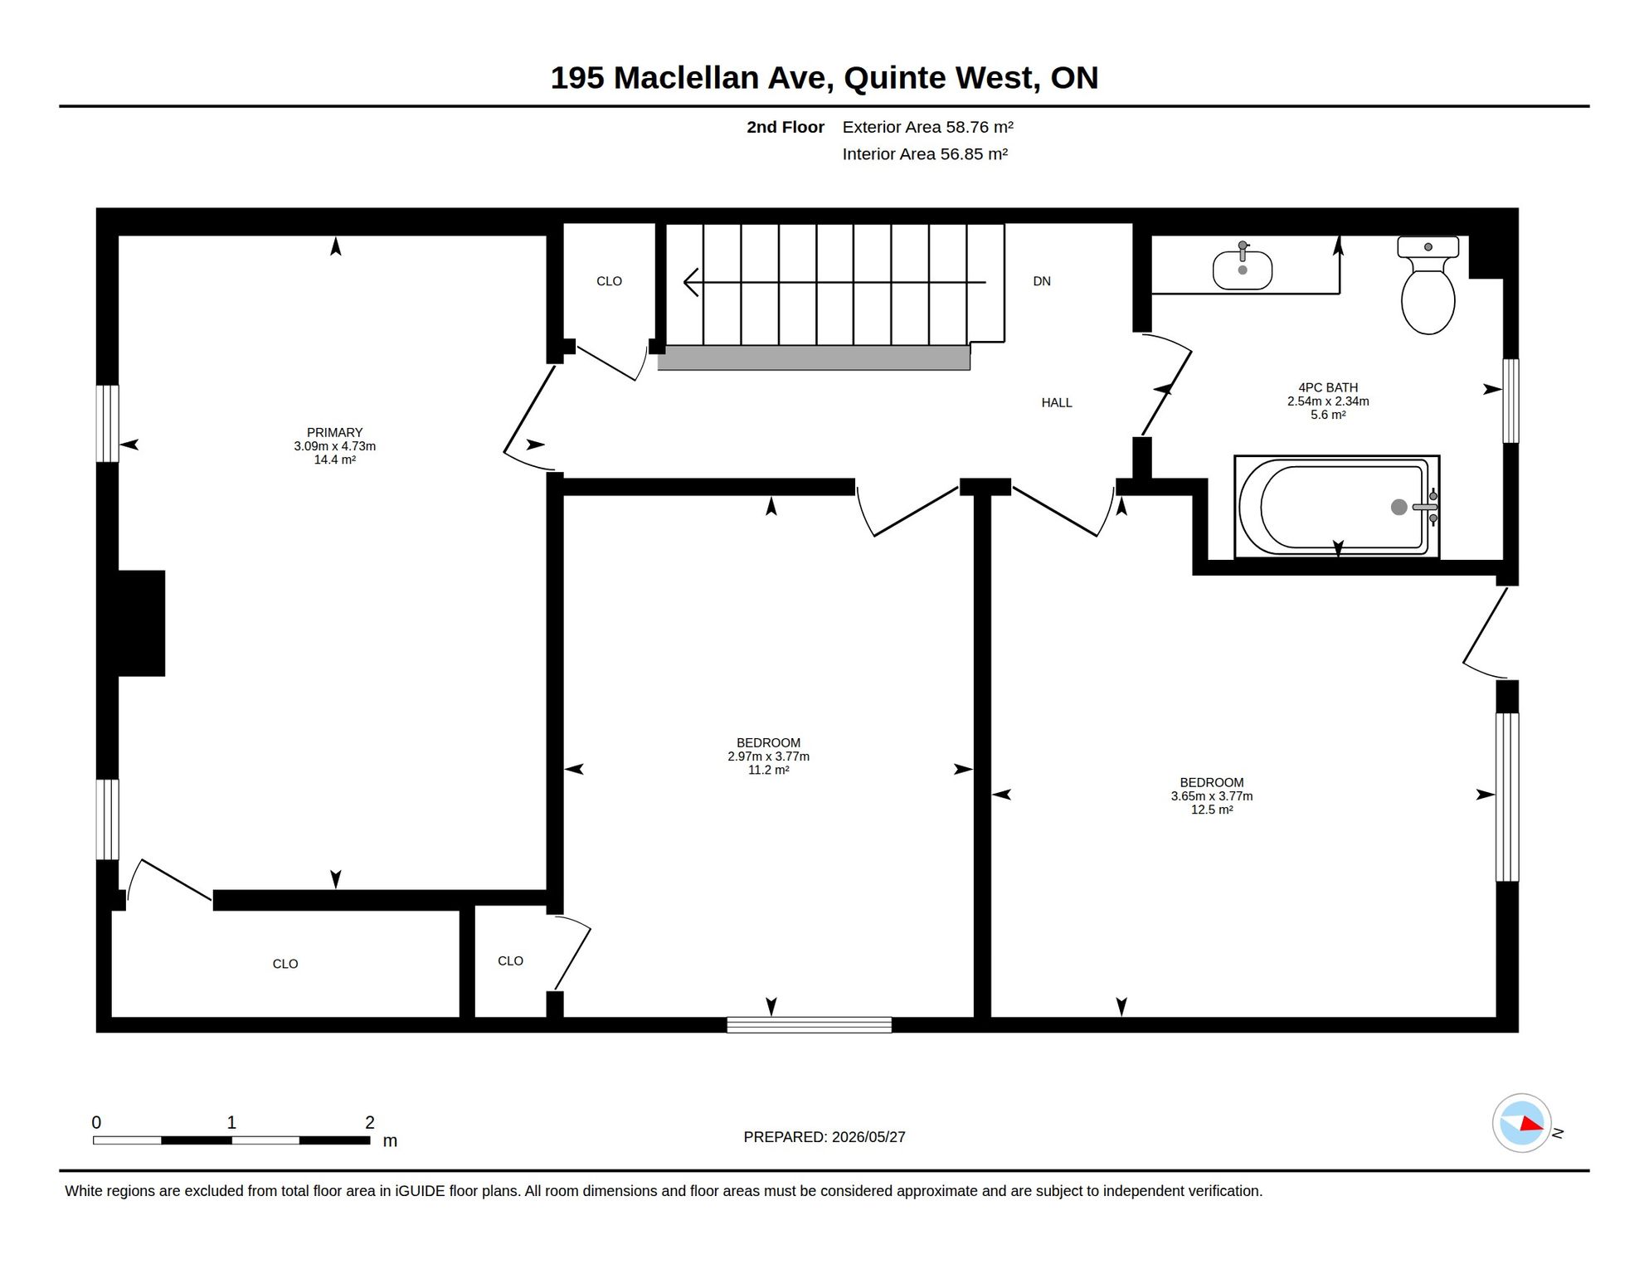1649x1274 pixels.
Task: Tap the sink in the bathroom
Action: (1243, 267)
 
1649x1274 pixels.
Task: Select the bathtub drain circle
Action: (1398, 507)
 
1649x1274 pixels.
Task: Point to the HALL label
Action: (1057, 403)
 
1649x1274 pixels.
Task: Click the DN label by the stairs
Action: (1042, 282)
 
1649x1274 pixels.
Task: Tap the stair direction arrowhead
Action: (691, 282)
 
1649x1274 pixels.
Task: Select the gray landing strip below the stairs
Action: (814, 358)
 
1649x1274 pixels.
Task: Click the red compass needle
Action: (1531, 1124)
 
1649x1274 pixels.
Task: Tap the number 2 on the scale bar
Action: (370, 1122)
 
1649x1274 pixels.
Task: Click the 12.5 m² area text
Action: (1212, 810)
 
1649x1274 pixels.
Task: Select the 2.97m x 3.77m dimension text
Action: (768, 756)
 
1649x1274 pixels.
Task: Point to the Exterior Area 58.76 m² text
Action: (927, 127)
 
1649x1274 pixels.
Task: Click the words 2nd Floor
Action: (785, 127)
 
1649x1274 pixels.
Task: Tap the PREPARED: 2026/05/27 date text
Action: (824, 1137)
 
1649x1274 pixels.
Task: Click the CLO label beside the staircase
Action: (609, 282)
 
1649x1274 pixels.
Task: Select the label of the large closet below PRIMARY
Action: (285, 964)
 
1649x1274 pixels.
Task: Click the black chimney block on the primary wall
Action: (141, 623)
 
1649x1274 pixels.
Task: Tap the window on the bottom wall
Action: (809, 1025)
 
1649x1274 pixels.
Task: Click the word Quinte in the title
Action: (895, 78)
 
